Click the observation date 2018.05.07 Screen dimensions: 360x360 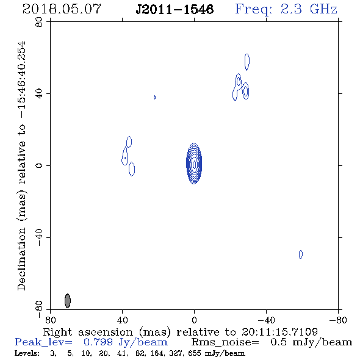click(x=62, y=9)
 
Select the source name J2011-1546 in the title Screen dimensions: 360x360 click(x=175, y=10)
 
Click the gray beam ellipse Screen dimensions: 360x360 click(x=68, y=301)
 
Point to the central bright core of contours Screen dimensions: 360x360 click(x=194, y=164)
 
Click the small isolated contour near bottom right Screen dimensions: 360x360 click(x=301, y=254)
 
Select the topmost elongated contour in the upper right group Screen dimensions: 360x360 click(x=247, y=62)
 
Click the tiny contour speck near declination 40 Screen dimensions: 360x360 click(x=155, y=97)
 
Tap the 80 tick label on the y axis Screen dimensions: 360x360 click(x=39, y=22)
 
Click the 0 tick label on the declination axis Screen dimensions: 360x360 click(x=39, y=165)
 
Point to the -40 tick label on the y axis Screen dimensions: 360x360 click(x=39, y=237)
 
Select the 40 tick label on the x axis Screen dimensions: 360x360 click(x=123, y=320)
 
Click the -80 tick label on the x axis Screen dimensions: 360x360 click(x=338, y=320)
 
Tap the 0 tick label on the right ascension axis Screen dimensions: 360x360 click(x=194, y=320)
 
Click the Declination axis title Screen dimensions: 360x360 click(x=22, y=165)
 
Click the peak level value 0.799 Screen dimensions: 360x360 click(x=98, y=342)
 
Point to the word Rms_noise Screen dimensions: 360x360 click(x=225, y=342)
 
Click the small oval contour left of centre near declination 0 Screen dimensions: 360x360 click(x=132, y=169)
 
